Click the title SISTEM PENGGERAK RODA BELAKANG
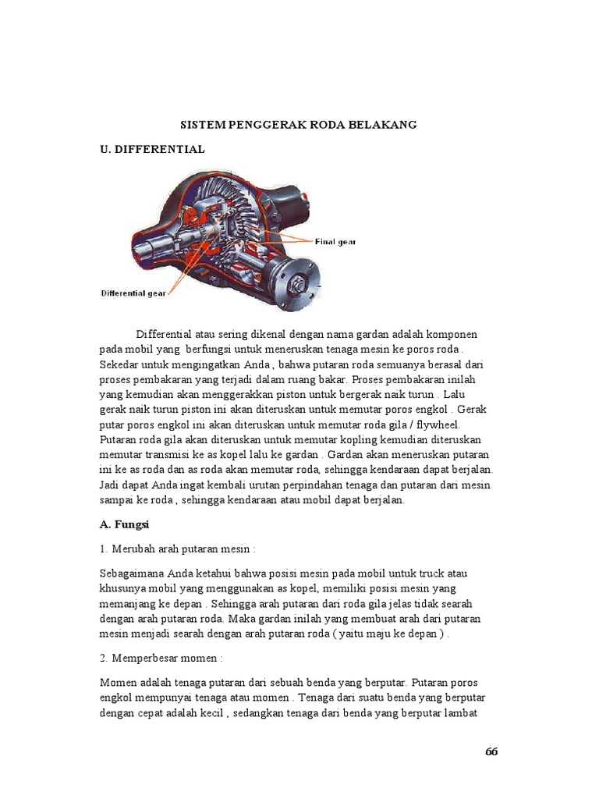click(x=299, y=124)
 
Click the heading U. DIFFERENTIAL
click(x=152, y=149)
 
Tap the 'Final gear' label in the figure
click(x=335, y=242)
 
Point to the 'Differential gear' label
click(x=133, y=293)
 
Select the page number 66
click(x=491, y=751)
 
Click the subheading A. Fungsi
click(x=129, y=525)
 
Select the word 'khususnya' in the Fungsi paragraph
click(x=125, y=588)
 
